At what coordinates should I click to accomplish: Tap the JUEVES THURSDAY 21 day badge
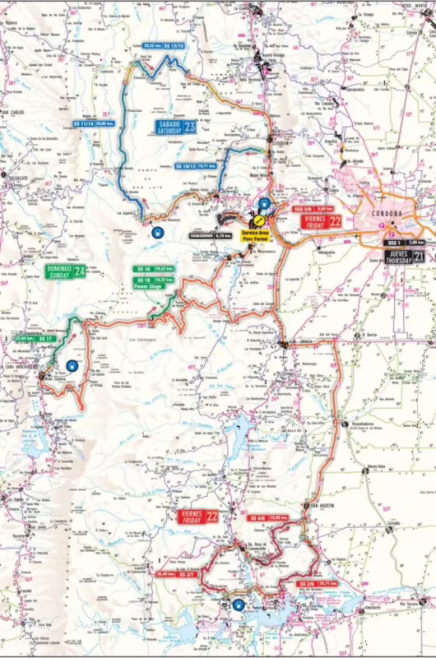(x=404, y=257)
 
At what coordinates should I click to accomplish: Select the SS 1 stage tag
(x=396, y=242)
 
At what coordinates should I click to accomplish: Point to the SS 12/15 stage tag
(x=174, y=45)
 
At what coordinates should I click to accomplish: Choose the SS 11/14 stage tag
(x=82, y=123)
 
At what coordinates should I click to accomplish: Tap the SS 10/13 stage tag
(x=185, y=165)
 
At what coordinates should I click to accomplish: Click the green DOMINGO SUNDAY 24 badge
(x=66, y=271)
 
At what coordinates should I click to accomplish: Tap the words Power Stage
(x=148, y=286)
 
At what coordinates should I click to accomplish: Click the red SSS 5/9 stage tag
(x=303, y=209)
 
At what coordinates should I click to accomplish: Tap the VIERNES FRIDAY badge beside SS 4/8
(x=197, y=517)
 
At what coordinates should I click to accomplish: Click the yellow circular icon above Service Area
(x=257, y=220)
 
